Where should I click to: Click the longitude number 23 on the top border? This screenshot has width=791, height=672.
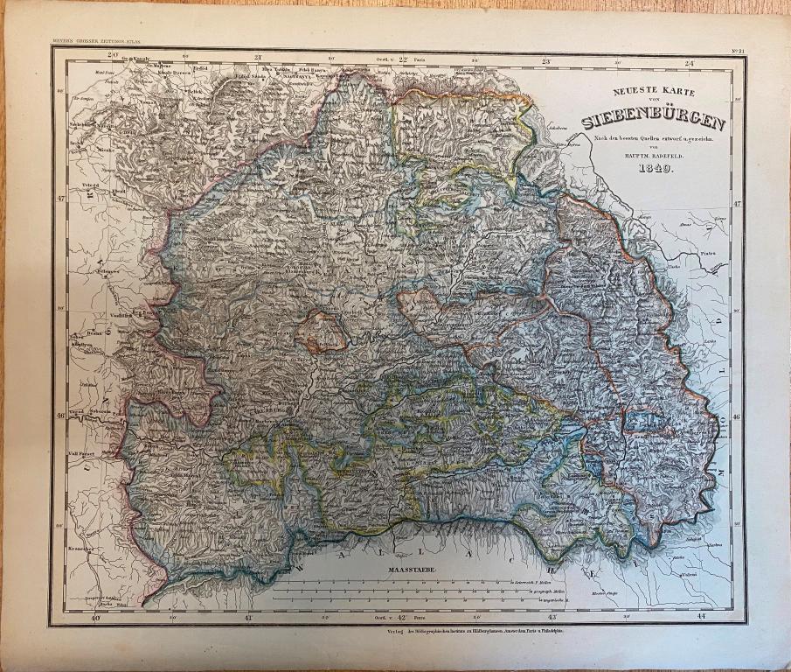click(x=545, y=61)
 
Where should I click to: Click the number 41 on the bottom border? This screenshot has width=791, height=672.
click(x=248, y=619)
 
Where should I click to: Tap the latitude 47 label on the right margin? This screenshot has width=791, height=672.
click(x=737, y=203)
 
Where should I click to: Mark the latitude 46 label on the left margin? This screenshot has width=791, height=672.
click(x=59, y=416)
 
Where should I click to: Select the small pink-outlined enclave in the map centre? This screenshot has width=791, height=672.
click(x=319, y=331)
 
